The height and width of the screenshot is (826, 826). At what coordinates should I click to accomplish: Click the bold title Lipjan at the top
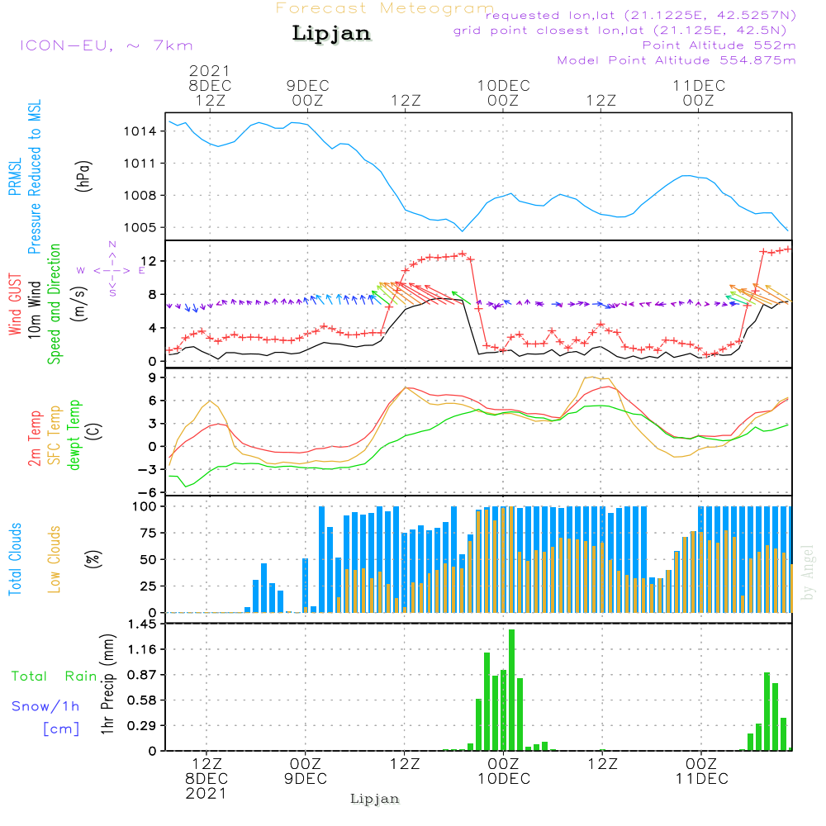(x=331, y=33)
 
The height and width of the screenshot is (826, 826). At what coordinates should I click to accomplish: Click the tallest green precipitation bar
(x=512, y=690)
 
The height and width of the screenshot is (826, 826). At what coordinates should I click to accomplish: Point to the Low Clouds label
(x=55, y=559)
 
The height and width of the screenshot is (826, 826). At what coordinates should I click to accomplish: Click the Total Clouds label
(x=16, y=559)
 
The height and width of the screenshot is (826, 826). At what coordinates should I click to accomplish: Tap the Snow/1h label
(x=45, y=706)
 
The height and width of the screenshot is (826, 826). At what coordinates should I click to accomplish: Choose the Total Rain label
(x=54, y=676)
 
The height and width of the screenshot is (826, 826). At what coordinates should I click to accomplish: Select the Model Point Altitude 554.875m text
(x=676, y=60)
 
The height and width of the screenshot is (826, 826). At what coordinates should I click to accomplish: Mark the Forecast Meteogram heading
(x=385, y=8)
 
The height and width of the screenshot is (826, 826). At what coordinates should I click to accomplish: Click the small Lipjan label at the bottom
(x=375, y=799)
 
